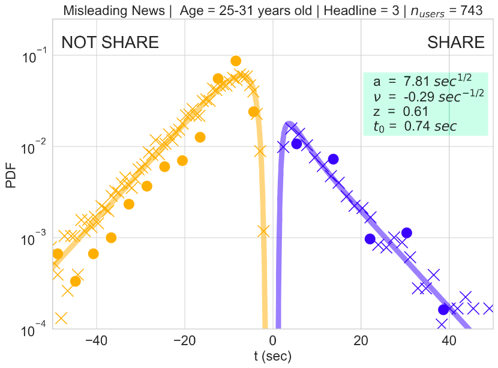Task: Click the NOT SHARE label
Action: [x=110, y=43]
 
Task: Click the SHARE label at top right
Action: [x=455, y=43]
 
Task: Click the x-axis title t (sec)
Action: [x=272, y=357]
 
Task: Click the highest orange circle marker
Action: [x=236, y=61]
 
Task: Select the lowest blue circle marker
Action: [x=443, y=310]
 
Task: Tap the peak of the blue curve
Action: [x=289, y=124]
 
